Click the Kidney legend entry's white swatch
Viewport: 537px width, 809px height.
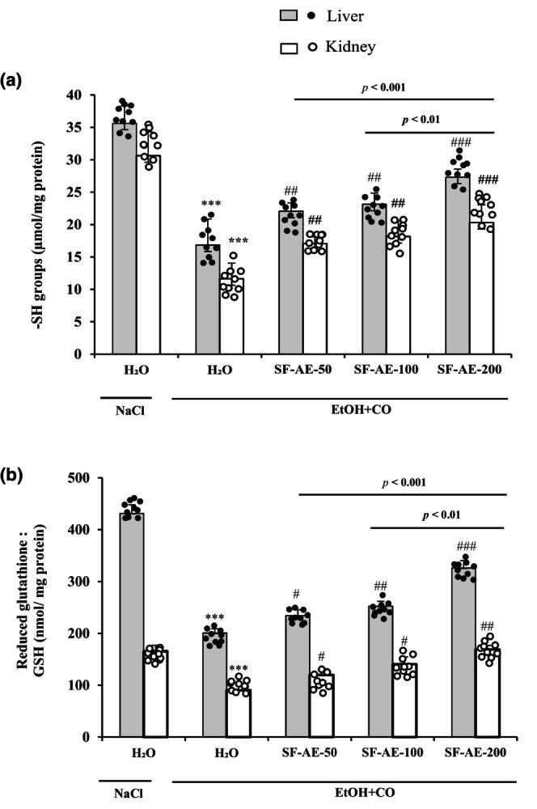(289, 48)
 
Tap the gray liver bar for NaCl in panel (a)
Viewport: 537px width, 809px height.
(125, 243)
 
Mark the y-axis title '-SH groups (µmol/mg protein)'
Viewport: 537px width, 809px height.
(38, 225)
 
